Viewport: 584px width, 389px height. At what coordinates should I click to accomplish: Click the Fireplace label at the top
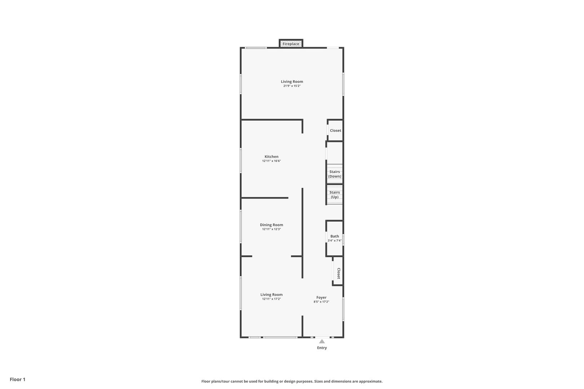pyautogui.click(x=291, y=44)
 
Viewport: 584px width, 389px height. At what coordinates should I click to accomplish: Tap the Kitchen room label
pyautogui.click(x=271, y=157)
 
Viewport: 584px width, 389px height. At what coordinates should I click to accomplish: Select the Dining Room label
pyautogui.click(x=271, y=225)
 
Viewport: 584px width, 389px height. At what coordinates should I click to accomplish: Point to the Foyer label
pyautogui.click(x=322, y=298)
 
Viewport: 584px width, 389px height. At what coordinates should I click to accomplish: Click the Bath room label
pyautogui.click(x=335, y=236)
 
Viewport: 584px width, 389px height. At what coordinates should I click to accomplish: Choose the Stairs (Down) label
pyautogui.click(x=335, y=174)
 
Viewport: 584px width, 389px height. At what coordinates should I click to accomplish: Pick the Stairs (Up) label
pyautogui.click(x=335, y=194)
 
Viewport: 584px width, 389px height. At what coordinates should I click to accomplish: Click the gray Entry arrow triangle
pyautogui.click(x=322, y=341)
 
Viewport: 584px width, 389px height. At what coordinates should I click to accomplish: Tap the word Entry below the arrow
pyautogui.click(x=322, y=348)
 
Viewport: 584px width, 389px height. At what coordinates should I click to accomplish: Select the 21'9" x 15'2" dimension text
pyautogui.click(x=292, y=86)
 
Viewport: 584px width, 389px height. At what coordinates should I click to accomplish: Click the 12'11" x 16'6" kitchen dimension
pyautogui.click(x=271, y=161)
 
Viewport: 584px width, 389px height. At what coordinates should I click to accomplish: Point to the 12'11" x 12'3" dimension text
pyautogui.click(x=271, y=229)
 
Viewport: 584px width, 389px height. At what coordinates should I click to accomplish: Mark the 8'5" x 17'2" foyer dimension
pyautogui.click(x=322, y=302)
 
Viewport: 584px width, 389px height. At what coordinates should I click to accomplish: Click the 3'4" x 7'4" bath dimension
pyautogui.click(x=335, y=241)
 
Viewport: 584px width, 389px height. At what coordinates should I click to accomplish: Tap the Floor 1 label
pyautogui.click(x=17, y=379)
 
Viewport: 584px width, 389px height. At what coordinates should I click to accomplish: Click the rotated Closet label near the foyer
pyautogui.click(x=339, y=273)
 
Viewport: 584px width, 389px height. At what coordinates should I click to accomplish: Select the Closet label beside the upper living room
pyautogui.click(x=336, y=130)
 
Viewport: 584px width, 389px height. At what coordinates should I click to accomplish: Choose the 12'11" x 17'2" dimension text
pyautogui.click(x=271, y=299)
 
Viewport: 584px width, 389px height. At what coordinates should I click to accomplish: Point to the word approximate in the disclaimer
pyautogui.click(x=371, y=381)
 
